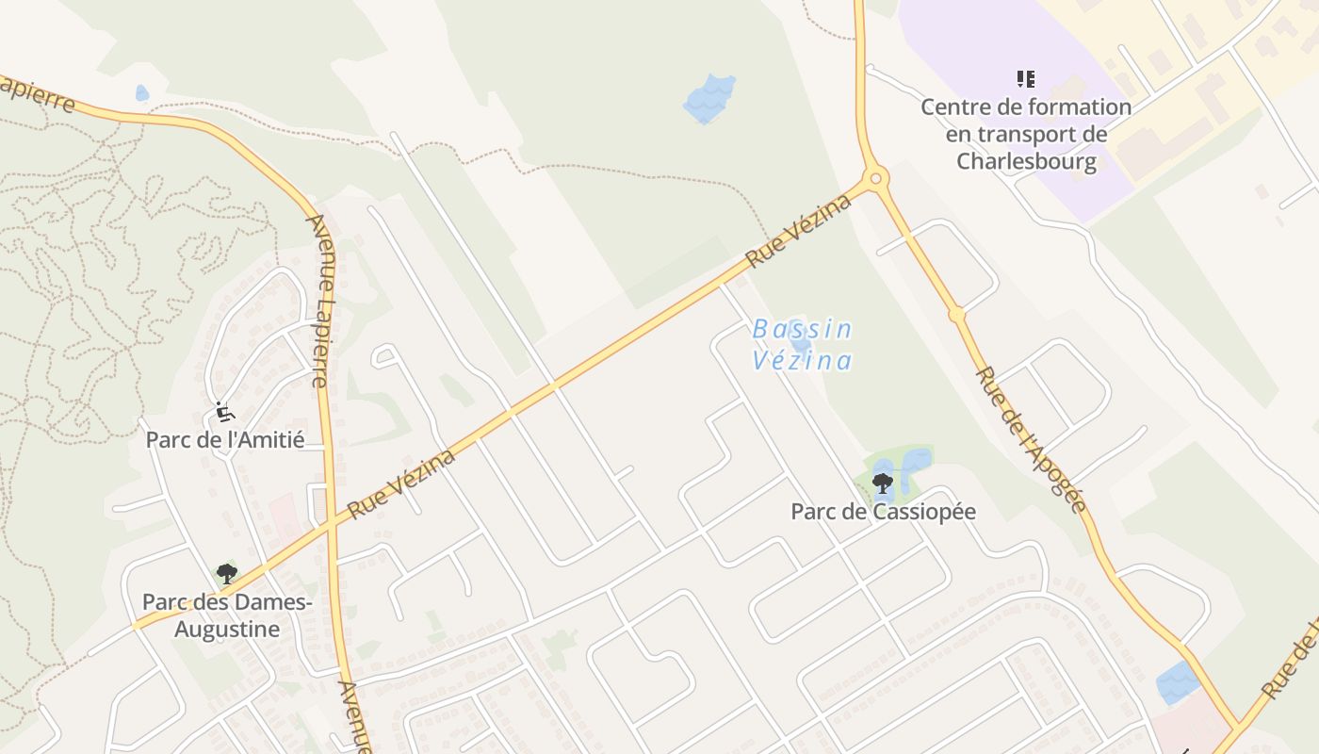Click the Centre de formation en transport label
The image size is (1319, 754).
click(1026, 121)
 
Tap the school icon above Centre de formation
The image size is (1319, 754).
click(1026, 79)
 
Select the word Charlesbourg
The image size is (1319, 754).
click(1026, 161)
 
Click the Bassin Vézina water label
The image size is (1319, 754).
click(802, 345)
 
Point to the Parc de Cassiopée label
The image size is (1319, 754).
click(883, 512)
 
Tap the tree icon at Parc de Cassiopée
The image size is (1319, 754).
click(883, 484)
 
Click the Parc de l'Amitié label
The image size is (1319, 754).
click(224, 439)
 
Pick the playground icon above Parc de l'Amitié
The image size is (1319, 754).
click(224, 412)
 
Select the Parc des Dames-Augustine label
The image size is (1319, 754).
click(226, 615)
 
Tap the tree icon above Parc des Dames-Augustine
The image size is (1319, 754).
click(226, 573)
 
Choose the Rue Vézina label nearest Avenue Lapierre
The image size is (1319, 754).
click(401, 484)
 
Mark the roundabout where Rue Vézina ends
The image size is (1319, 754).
click(875, 177)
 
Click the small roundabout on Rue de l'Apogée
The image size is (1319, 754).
click(957, 314)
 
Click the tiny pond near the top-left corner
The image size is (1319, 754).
click(141, 92)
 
